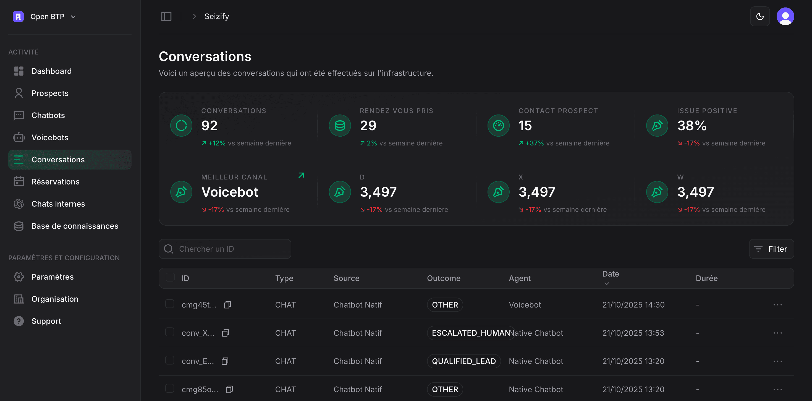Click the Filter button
tap(771, 249)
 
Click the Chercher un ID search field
tap(224, 249)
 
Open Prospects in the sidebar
tap(50, 93)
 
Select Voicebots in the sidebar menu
tap(50, 137)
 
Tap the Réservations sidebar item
tap(55, 182)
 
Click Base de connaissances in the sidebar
tap(75, 226)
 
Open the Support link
tap(46, 321)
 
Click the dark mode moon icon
tap(760, 16)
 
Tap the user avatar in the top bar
tap(785, 16)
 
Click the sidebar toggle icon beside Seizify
tap(166, 16)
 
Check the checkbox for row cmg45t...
tap(170, 304)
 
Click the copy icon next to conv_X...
tap(225, 333)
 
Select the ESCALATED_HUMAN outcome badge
tap(470, 333)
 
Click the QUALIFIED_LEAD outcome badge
tap(463, 361)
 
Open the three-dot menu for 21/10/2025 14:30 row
tap(777, 305)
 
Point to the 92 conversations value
tap(209, 126)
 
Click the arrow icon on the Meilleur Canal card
tap(301, 175)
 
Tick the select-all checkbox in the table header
tap(170, 277)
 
